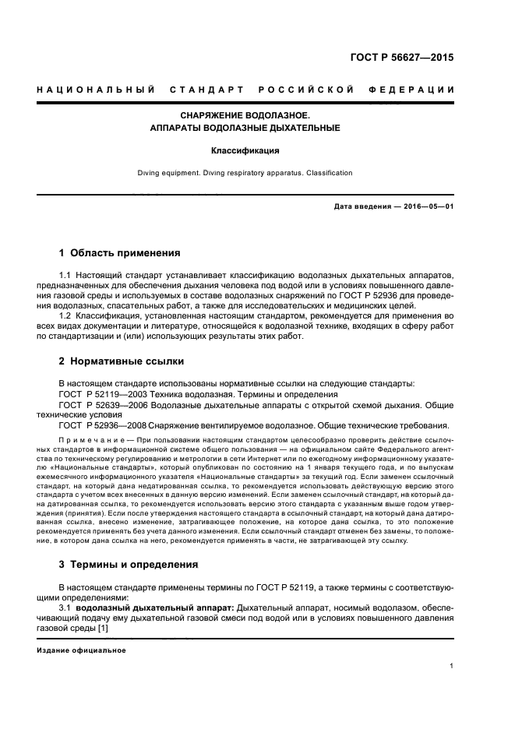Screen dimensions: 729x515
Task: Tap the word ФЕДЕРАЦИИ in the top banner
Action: (x=418, y=90)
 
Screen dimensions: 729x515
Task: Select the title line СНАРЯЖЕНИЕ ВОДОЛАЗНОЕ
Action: (x=256, y=114)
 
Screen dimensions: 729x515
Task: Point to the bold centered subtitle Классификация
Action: (x=256, y=150)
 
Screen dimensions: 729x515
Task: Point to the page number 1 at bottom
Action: (x=452, y=667)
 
